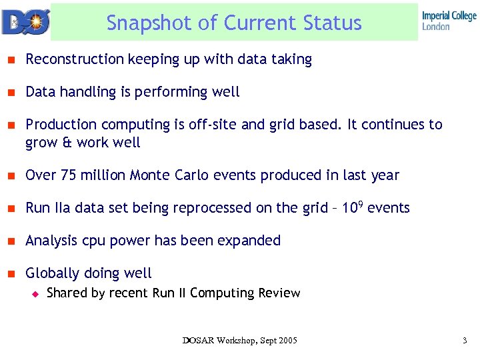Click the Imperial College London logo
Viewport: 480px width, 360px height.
click(x=449, y=21)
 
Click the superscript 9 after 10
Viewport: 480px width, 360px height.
click(x=360, y=203)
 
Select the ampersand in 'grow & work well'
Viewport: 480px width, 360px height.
click(x=65, y=142)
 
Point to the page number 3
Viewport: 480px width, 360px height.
click(x=464, y=341)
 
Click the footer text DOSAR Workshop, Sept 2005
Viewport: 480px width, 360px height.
click(x=239, y=341)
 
